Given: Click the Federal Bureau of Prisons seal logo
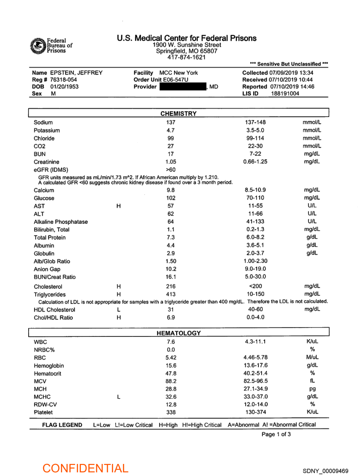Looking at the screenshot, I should pyautogui.click(x=38, y=45).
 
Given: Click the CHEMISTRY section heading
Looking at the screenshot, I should pyautogui.click(x=178, y=113).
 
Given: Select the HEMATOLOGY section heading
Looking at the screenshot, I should pyautogui.click(x=179, y=333).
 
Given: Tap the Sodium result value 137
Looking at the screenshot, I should pyautogui.click(x=171, y=122).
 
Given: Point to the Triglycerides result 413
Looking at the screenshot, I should pyautogui.click(x=171, y=294).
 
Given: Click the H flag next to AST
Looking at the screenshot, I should pyautogui.click(x=118, y=206).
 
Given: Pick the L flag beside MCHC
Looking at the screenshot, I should pyautogui.click(x=118, y=396).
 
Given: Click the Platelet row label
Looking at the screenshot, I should pyautogui.click(x=43, y=412).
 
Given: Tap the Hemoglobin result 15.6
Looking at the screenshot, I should pyautogui.click(x=171, y=366).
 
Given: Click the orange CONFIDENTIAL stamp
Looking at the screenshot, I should pyautogui.click(x=85, y=468).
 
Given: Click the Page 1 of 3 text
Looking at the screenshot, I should pyautogui.click(x=276, y=434).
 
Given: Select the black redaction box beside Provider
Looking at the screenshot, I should pyautogui.click(x=182, y=87).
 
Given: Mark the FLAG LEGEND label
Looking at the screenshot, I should pyautogui.click(x=62, y=425).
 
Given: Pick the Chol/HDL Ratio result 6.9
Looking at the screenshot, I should pyautogui.click(x=171, y=318).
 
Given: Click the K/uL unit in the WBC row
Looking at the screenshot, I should pyautogui.click(x=312, y=342).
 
